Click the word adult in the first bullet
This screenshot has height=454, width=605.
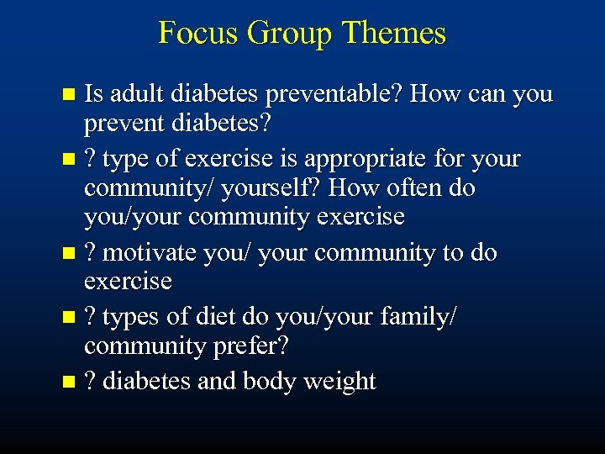(135, 94)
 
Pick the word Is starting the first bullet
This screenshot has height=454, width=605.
(94, 94)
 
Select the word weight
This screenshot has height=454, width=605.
(339, 381)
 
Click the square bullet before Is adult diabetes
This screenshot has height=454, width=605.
(71, 95)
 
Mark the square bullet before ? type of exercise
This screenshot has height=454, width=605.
(71, 159)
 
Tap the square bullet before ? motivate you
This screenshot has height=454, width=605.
(71, 253)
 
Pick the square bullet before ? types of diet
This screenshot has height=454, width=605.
(71, 318)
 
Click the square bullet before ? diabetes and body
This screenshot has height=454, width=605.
(71, 382)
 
